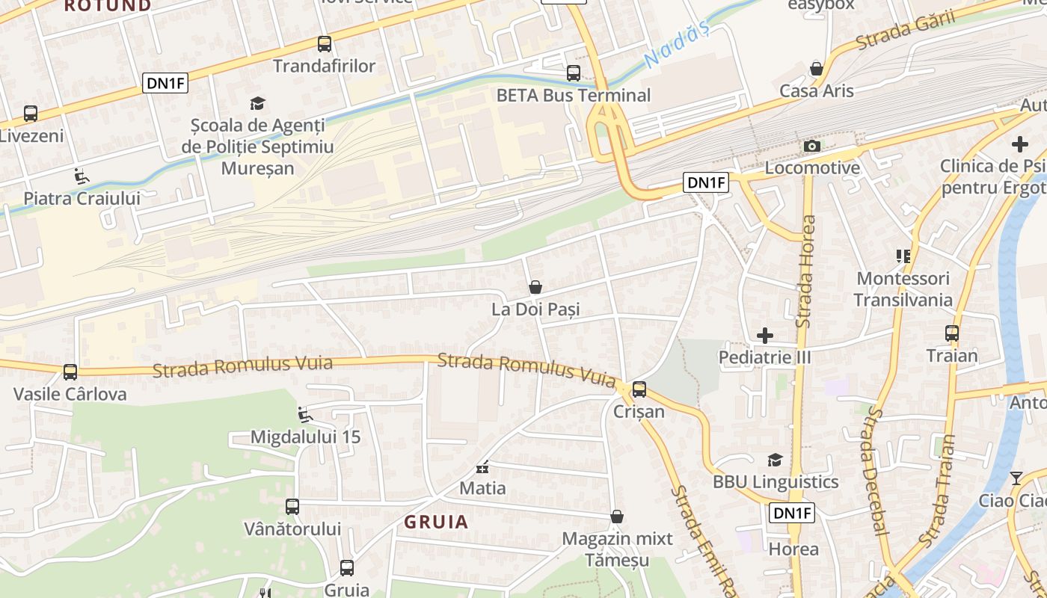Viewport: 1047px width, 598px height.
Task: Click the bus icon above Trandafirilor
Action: coord(324,44)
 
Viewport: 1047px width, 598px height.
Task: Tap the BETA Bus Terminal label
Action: coord(574,96)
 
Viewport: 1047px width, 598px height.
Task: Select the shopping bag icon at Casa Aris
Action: coord(817,69)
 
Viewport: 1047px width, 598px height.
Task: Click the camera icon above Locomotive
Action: coord(812,146)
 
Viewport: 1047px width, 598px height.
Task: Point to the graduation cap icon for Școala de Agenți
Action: coord(257,104)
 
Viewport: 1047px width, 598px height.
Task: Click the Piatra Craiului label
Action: coord(82,199)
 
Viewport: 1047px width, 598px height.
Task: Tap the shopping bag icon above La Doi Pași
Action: coord(535,287)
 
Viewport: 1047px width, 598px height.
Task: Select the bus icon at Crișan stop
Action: coord(639,389)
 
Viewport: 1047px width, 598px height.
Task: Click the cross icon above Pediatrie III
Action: coord(765,336)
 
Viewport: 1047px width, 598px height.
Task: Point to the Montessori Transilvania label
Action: coord(903,289)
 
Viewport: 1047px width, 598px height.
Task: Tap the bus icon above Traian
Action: coord(952,333)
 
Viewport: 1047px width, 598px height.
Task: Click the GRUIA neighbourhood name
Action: coord(437,522)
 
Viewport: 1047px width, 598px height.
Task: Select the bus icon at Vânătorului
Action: coord(292,507)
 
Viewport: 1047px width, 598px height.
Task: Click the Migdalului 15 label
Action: coord(305,437)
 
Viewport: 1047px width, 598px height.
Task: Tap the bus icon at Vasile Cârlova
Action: coord(70,372)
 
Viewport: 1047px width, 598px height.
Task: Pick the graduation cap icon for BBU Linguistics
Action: coord(775,460)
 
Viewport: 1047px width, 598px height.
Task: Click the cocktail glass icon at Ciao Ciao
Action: coord(1016,478)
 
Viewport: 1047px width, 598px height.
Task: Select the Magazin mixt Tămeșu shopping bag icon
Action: coord(617,517)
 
